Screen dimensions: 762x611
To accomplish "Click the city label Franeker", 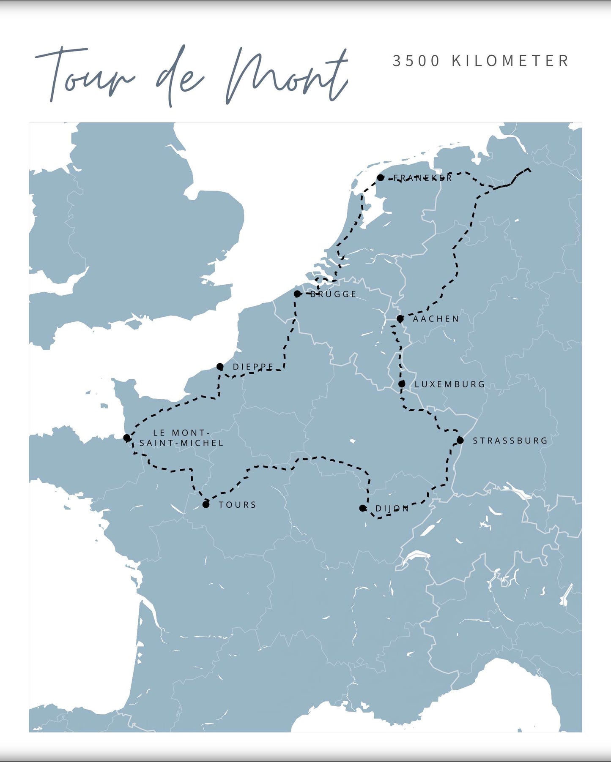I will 422,178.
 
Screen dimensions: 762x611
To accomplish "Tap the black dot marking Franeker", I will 381,178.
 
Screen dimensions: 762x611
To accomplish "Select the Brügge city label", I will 334,294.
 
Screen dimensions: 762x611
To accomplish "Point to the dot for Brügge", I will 297,294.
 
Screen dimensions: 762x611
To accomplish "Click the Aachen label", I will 436,319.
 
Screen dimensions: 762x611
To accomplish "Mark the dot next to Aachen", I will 400,318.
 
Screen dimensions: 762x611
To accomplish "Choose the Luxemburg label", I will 449,384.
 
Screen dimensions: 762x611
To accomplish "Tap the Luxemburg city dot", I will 402,384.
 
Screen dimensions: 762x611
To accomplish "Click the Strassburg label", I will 510,441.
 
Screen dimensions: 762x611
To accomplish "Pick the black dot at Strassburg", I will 460,440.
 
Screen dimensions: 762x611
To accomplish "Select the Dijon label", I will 392,509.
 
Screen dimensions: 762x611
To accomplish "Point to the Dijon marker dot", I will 362,508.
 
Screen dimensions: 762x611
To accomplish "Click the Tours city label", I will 237,505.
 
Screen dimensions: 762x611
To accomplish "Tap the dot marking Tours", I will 206,504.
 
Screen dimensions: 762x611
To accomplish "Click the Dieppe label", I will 253,367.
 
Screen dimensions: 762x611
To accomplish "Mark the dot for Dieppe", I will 220,367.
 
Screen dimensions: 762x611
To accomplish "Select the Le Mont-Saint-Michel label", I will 181,438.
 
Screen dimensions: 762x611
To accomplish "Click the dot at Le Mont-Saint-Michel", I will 126,438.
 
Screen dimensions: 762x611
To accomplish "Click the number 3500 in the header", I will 416,61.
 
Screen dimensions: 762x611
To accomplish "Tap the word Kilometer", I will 510,61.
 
